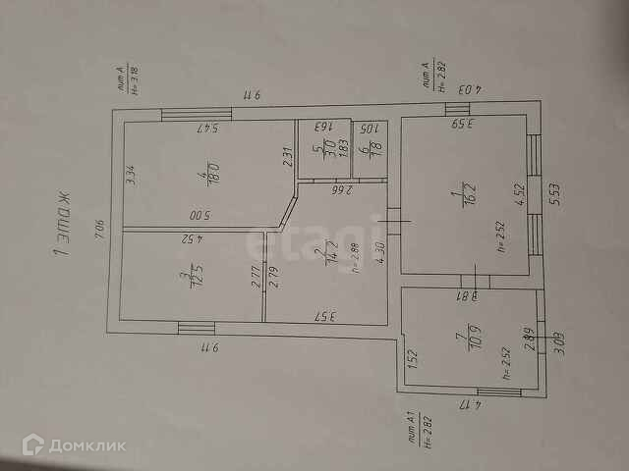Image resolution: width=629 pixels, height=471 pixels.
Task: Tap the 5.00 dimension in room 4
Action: pos(200,216)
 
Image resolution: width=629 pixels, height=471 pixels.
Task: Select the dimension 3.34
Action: pos(131,178)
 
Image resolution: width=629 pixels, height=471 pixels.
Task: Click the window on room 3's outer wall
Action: pos(196,328)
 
